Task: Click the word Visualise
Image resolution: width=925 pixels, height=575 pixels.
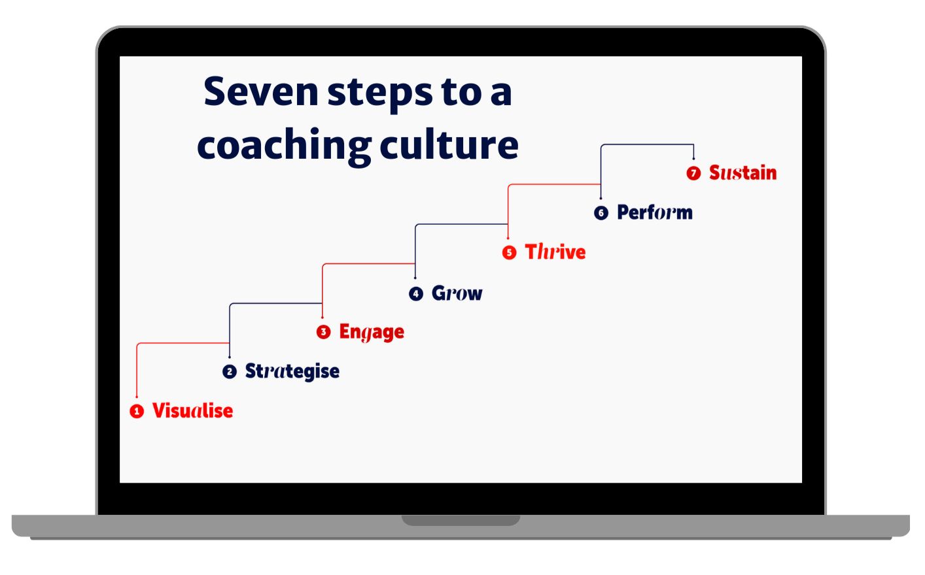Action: click(192, 411)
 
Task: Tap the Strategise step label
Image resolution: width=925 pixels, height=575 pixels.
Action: click(292, 372)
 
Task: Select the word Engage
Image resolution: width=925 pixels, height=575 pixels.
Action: click(371, 333)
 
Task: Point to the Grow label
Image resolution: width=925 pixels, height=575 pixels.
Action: click(457, 293)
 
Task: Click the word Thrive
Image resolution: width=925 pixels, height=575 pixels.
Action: click(555, 252)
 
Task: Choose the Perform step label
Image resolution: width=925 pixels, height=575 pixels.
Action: click(654, 213)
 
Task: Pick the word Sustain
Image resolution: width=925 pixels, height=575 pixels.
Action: click(742, 173)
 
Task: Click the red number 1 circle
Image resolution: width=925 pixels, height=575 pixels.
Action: click(137, 412)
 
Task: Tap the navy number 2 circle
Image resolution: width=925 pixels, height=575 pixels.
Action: click(230, 372)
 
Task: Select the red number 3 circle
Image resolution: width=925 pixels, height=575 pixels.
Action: click(323, 332)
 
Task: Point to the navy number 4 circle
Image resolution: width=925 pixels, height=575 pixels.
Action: click(416, 293)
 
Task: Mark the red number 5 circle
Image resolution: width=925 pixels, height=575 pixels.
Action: click(509, 253)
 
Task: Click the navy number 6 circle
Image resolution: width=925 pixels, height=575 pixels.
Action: click(601, 213)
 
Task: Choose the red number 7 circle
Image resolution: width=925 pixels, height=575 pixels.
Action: click(693, 173)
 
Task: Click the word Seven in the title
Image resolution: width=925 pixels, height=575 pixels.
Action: click(260, 92)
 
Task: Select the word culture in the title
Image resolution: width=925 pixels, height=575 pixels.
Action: click(449, 144)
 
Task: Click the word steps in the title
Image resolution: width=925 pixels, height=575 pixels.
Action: click(380, 93)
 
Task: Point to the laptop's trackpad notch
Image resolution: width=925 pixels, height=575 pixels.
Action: click(461, 520)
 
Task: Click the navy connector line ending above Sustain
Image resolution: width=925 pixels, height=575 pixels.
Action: click(648, 145)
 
